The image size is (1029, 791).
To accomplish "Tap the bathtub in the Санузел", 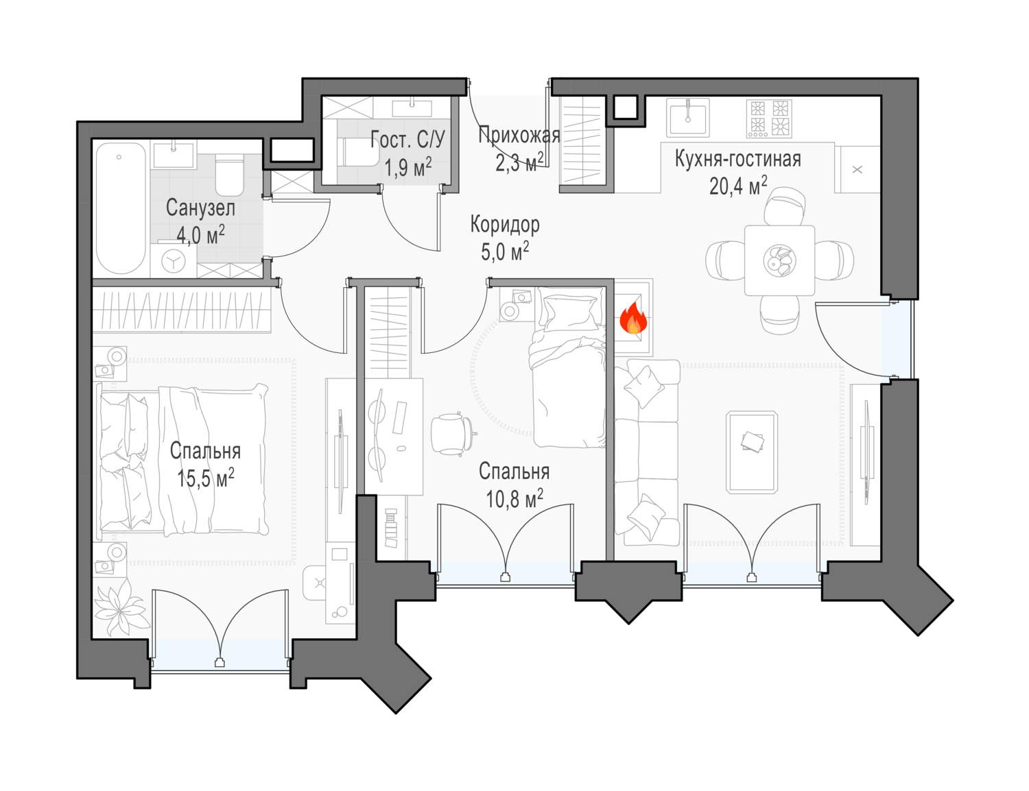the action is click(121, 208).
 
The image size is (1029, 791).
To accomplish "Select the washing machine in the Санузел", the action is click(174, 260).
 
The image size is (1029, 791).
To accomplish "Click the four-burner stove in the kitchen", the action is click(769, 119).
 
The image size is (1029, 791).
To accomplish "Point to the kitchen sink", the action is click(688, 117).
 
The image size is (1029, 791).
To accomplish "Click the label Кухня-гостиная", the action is click(737, 160).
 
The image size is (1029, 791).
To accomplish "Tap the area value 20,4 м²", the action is click(737, 186).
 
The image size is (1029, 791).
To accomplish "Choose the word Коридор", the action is click(505, 226).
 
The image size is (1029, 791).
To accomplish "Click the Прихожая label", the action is click(519, 136).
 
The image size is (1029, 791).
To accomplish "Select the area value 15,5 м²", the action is click(206, 478).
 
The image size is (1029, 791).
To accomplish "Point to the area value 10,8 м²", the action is click(514, 498).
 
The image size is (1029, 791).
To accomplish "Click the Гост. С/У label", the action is click(407, 140).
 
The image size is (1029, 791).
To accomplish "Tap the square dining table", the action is click(779, 260).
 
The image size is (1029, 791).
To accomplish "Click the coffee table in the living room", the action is click(752, 452).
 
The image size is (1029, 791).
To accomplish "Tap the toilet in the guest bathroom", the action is click(361, 152).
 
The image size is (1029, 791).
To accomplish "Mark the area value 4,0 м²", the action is click(200, 234).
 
